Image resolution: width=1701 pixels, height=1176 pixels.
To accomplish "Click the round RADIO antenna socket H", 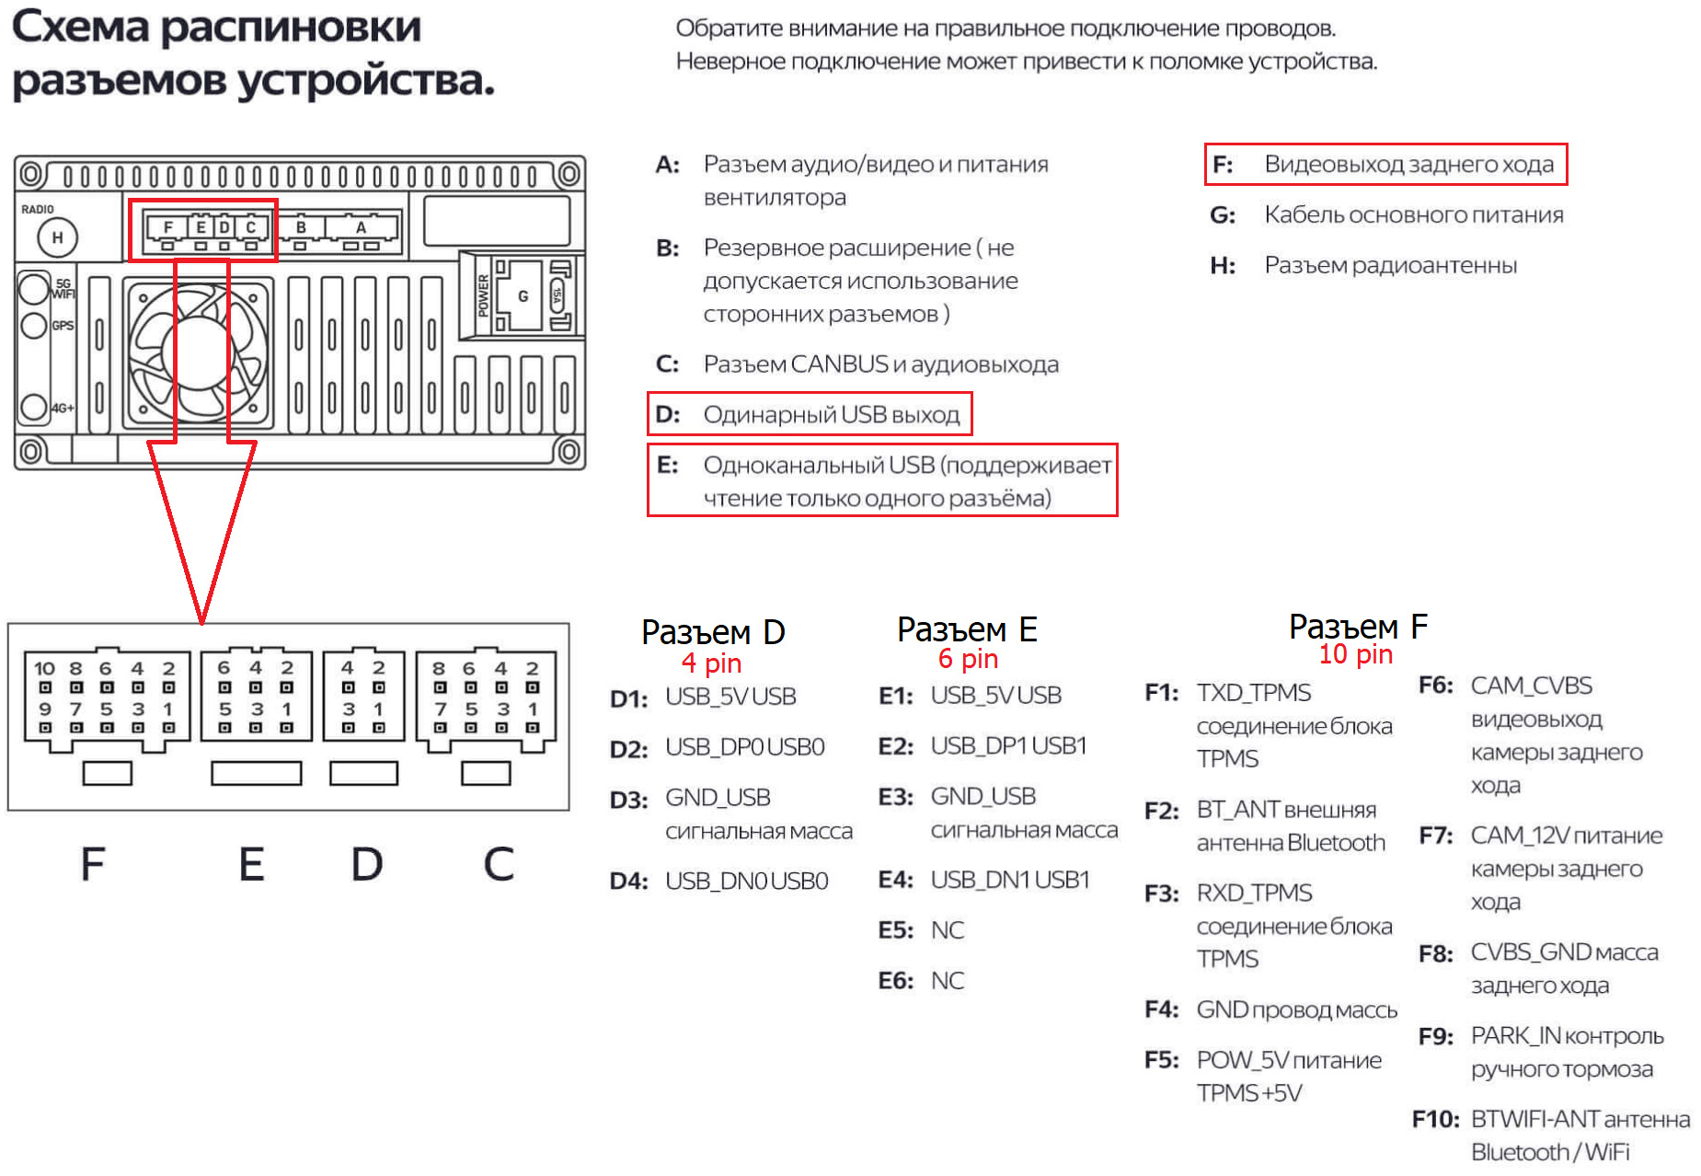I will pos(57,237).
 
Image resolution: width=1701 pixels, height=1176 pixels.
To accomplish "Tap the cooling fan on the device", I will pos(199,352).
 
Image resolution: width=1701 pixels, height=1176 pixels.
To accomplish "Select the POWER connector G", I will pos(522,296).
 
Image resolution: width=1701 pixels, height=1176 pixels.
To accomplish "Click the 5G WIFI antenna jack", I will pos(33,288).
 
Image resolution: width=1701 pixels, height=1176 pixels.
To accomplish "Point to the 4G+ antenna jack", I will pos(33,407).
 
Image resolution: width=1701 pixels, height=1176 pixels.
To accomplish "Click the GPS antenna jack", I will pos(33,326).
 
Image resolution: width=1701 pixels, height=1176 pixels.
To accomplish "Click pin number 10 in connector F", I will pos(44,669).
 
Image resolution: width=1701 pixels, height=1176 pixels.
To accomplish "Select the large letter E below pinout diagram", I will pos(251,864).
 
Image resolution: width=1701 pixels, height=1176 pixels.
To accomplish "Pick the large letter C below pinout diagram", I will pos(499,864).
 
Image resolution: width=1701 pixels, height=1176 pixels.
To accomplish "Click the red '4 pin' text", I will pos(711,663).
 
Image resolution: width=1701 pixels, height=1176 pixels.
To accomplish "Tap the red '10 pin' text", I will pos(1355,654).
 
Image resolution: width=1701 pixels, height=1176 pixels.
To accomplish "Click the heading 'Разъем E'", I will pos(967,629).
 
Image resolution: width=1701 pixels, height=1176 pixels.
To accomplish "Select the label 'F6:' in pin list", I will pos(1435,686).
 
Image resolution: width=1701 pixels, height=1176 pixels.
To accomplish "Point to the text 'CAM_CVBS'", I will pos(1531,686).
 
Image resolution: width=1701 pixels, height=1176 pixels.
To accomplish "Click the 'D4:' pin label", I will pos(628,882).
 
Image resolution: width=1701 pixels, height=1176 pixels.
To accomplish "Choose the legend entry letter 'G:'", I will pos(1222,215).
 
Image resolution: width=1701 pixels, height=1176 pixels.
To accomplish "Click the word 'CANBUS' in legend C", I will pos(839,364).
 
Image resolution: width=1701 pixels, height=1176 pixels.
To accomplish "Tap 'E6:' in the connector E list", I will pos(895,981).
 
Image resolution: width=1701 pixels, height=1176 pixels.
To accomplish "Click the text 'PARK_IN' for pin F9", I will pos(1515,1036).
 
